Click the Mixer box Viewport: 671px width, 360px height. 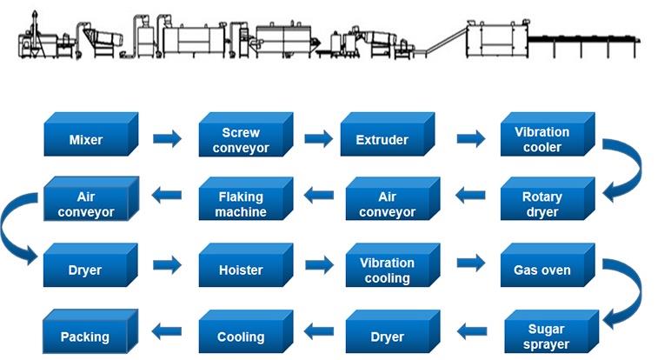[x=90, y=134]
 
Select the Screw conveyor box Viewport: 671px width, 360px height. [x=246, y=134]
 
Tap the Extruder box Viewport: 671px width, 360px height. [x=388, y=134]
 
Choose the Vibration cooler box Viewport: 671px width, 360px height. [x=548, y=134]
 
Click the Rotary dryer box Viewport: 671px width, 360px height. [x=548, y=198]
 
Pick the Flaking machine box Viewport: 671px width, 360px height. [x=246, y=198]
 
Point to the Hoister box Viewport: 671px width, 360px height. [x=246, y=265]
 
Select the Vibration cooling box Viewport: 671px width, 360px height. [x=392, y=265]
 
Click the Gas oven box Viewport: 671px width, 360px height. [x=548, y=265]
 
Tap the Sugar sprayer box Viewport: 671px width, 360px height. [x=551, y=331]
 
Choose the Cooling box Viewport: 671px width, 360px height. [x=246, y=331]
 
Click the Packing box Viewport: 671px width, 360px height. [x=90, y=331]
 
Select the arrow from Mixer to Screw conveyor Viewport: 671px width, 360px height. [x=168, y=138]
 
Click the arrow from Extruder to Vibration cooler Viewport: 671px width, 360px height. [x=471, y=138]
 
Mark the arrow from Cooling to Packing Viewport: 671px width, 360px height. [x=167, y=331]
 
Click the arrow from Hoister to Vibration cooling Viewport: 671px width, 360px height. [x=319, y=265]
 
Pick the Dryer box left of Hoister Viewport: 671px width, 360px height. [x=90, y=265]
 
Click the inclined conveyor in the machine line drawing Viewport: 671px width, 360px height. [x=445, y=40]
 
